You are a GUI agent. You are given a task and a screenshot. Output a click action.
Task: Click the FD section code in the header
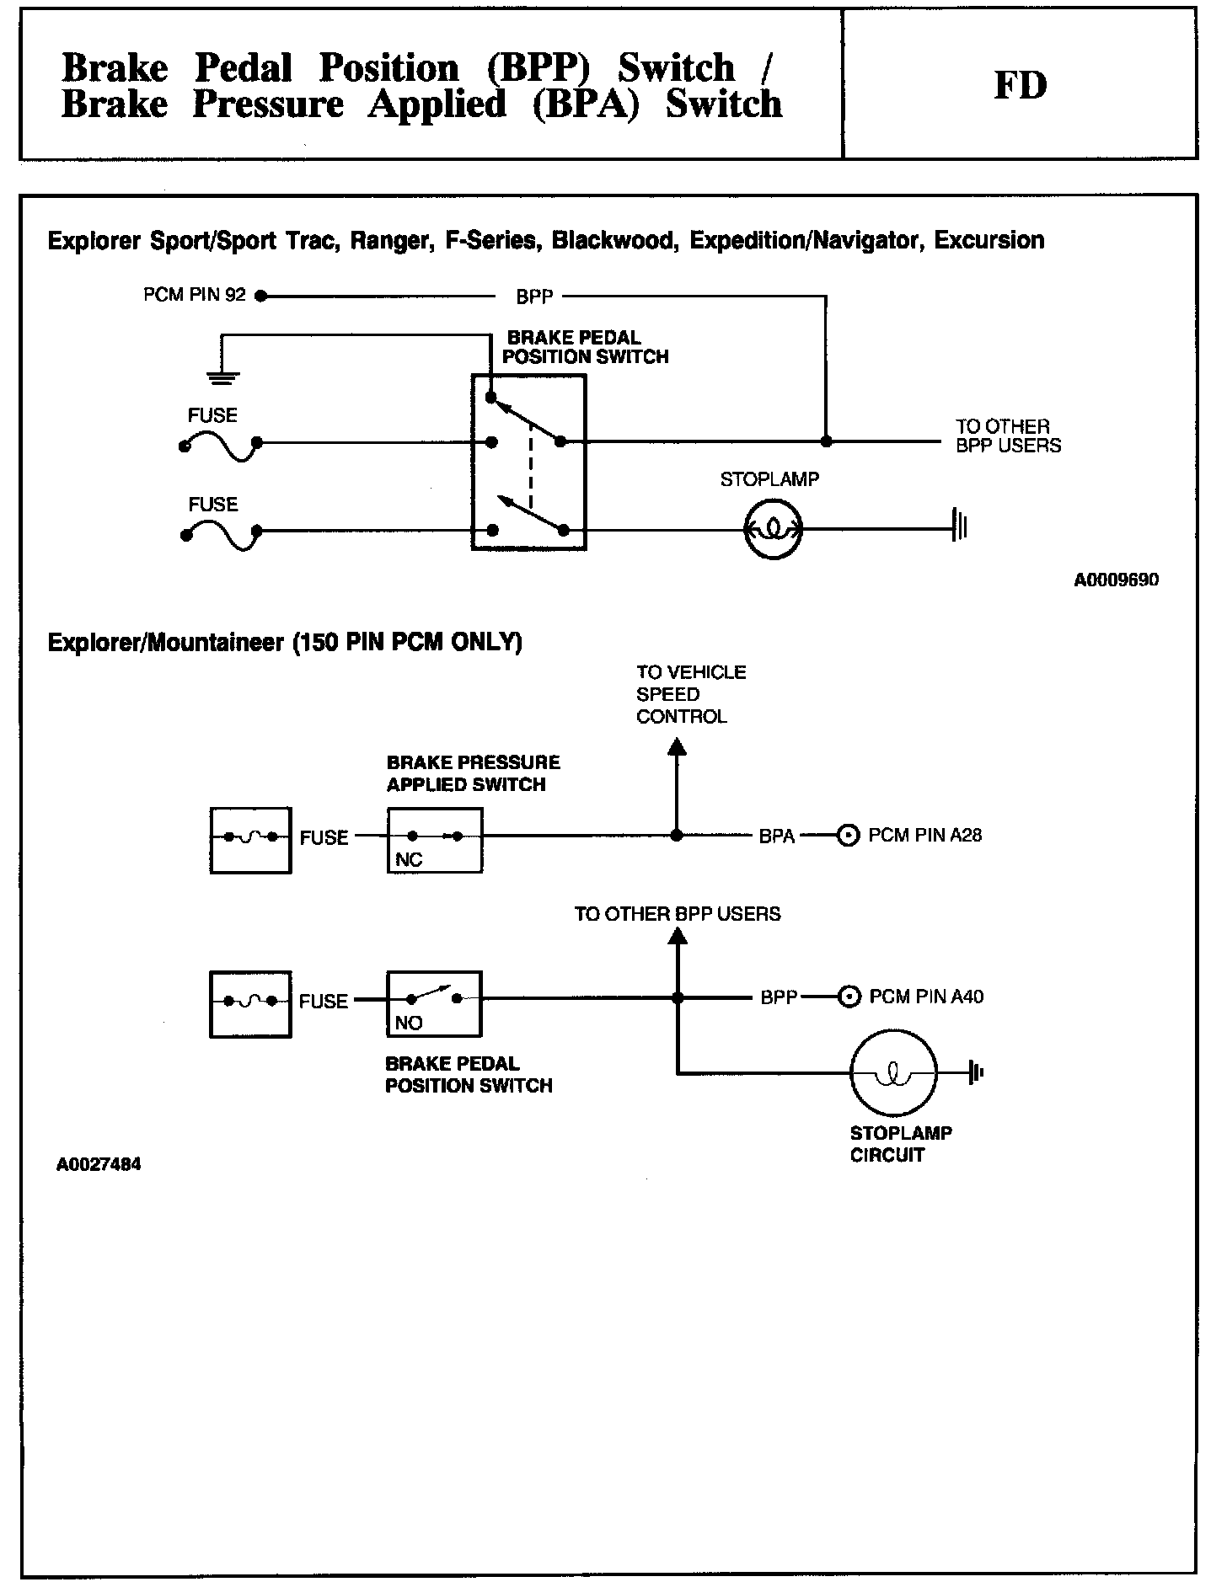point(1020,85)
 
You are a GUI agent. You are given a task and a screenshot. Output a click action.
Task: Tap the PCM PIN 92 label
point(195,295)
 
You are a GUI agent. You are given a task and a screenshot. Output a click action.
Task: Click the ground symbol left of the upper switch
point(222,377)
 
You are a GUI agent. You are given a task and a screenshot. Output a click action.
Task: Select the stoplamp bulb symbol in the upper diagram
point(773,530)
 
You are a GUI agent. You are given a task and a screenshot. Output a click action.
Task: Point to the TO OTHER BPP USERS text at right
point(1007,436)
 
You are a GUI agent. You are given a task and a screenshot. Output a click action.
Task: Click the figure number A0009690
point(1116,580)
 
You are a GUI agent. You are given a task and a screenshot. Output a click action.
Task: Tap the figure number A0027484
point(99,1165)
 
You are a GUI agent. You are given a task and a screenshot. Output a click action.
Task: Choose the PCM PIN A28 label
point(924,836)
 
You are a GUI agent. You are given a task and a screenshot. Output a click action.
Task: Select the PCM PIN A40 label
point(926,997)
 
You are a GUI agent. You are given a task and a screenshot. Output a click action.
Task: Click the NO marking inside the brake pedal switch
point(409,1023)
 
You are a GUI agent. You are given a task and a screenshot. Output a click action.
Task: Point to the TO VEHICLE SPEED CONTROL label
point(691,694)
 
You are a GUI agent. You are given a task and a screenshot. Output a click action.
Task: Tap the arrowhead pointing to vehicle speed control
point(677,746)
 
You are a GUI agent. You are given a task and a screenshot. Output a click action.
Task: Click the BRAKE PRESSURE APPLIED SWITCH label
point(473,773)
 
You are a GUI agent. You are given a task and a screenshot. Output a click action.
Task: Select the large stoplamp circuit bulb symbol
point(892,1072)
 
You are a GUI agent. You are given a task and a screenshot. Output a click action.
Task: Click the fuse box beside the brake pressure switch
point(250,840)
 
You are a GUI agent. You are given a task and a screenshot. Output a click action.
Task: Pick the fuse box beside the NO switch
point(250,1003)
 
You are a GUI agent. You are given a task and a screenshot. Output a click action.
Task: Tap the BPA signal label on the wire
point(776,836)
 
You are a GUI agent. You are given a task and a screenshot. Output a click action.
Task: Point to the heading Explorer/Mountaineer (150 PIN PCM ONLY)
point(285,643)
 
